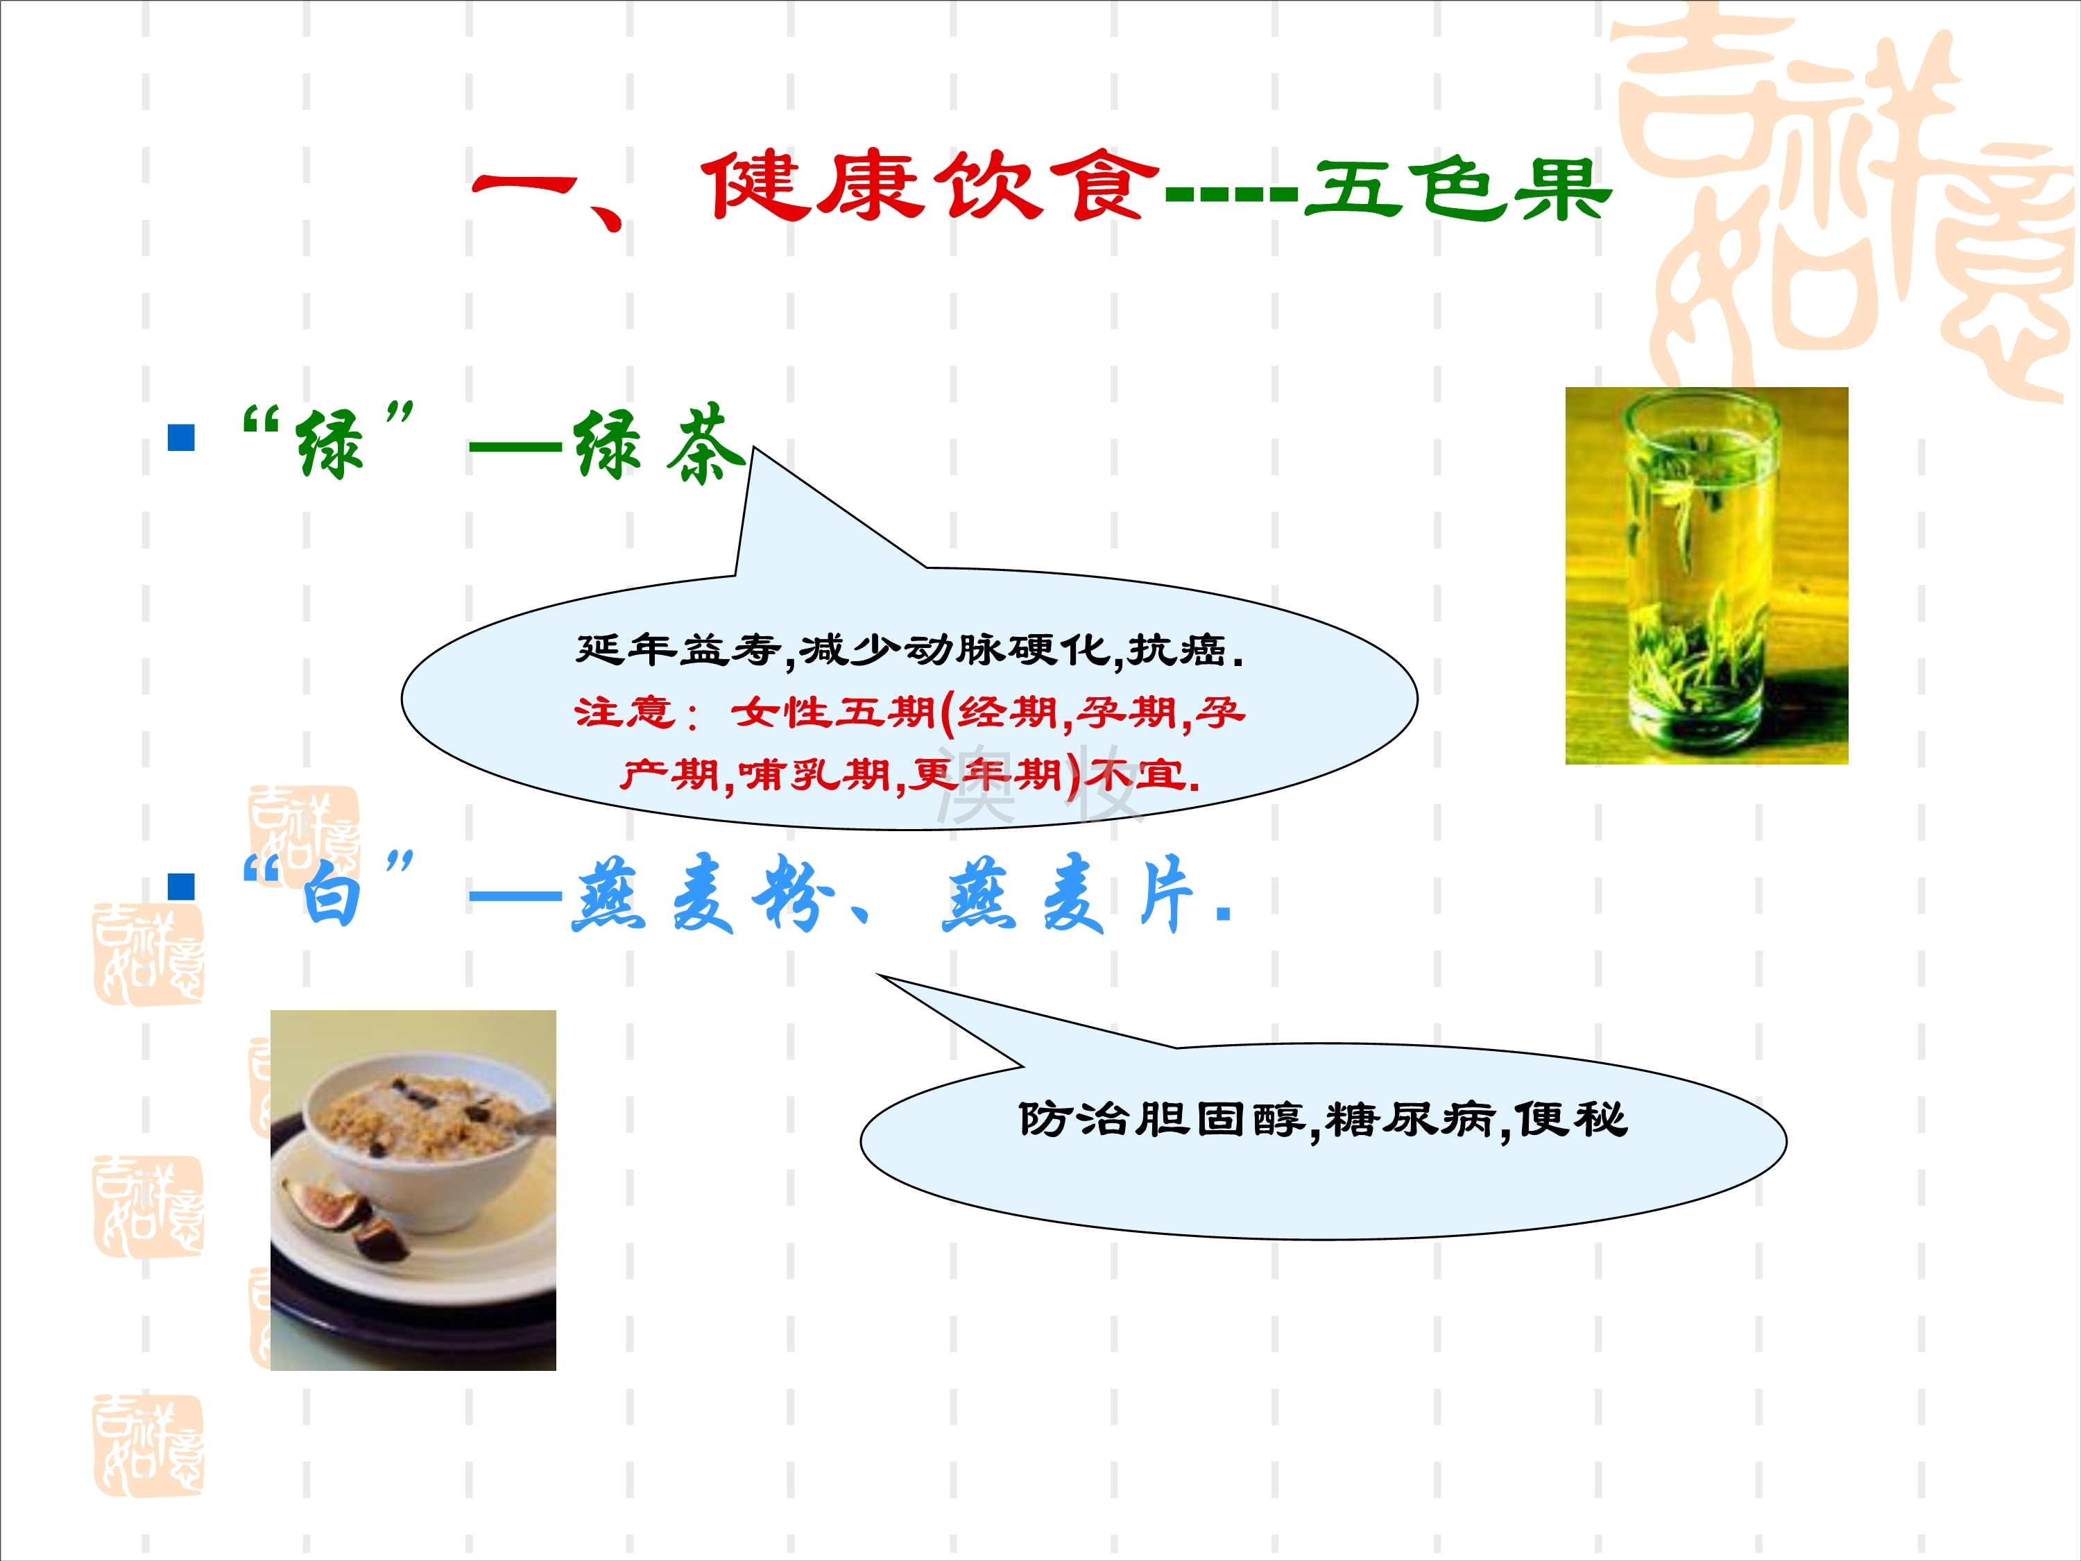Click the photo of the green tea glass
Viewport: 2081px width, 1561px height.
point(1706,576)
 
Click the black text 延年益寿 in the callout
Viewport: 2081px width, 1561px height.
point(677,649)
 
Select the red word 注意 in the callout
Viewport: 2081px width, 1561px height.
point(625,713)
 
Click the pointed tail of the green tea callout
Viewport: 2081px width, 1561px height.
point(753,449)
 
